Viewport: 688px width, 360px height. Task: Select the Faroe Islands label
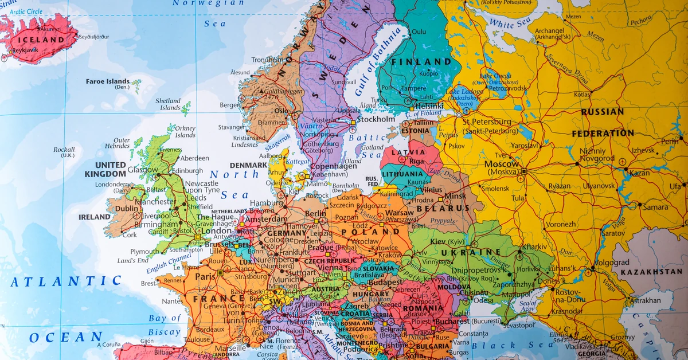[x=108, y=81]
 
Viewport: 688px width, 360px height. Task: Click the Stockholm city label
[x=376, y=119]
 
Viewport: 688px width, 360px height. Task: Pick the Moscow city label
[x=502, y=164]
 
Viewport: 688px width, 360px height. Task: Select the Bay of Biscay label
[x=165, y=324]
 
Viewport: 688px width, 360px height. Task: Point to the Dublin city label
[x=128, y=209]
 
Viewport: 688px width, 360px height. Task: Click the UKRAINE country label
[x=469, y=252]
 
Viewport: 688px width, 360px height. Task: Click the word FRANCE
[x=218, y=299]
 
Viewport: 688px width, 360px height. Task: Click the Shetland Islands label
[x=168, y=104]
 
